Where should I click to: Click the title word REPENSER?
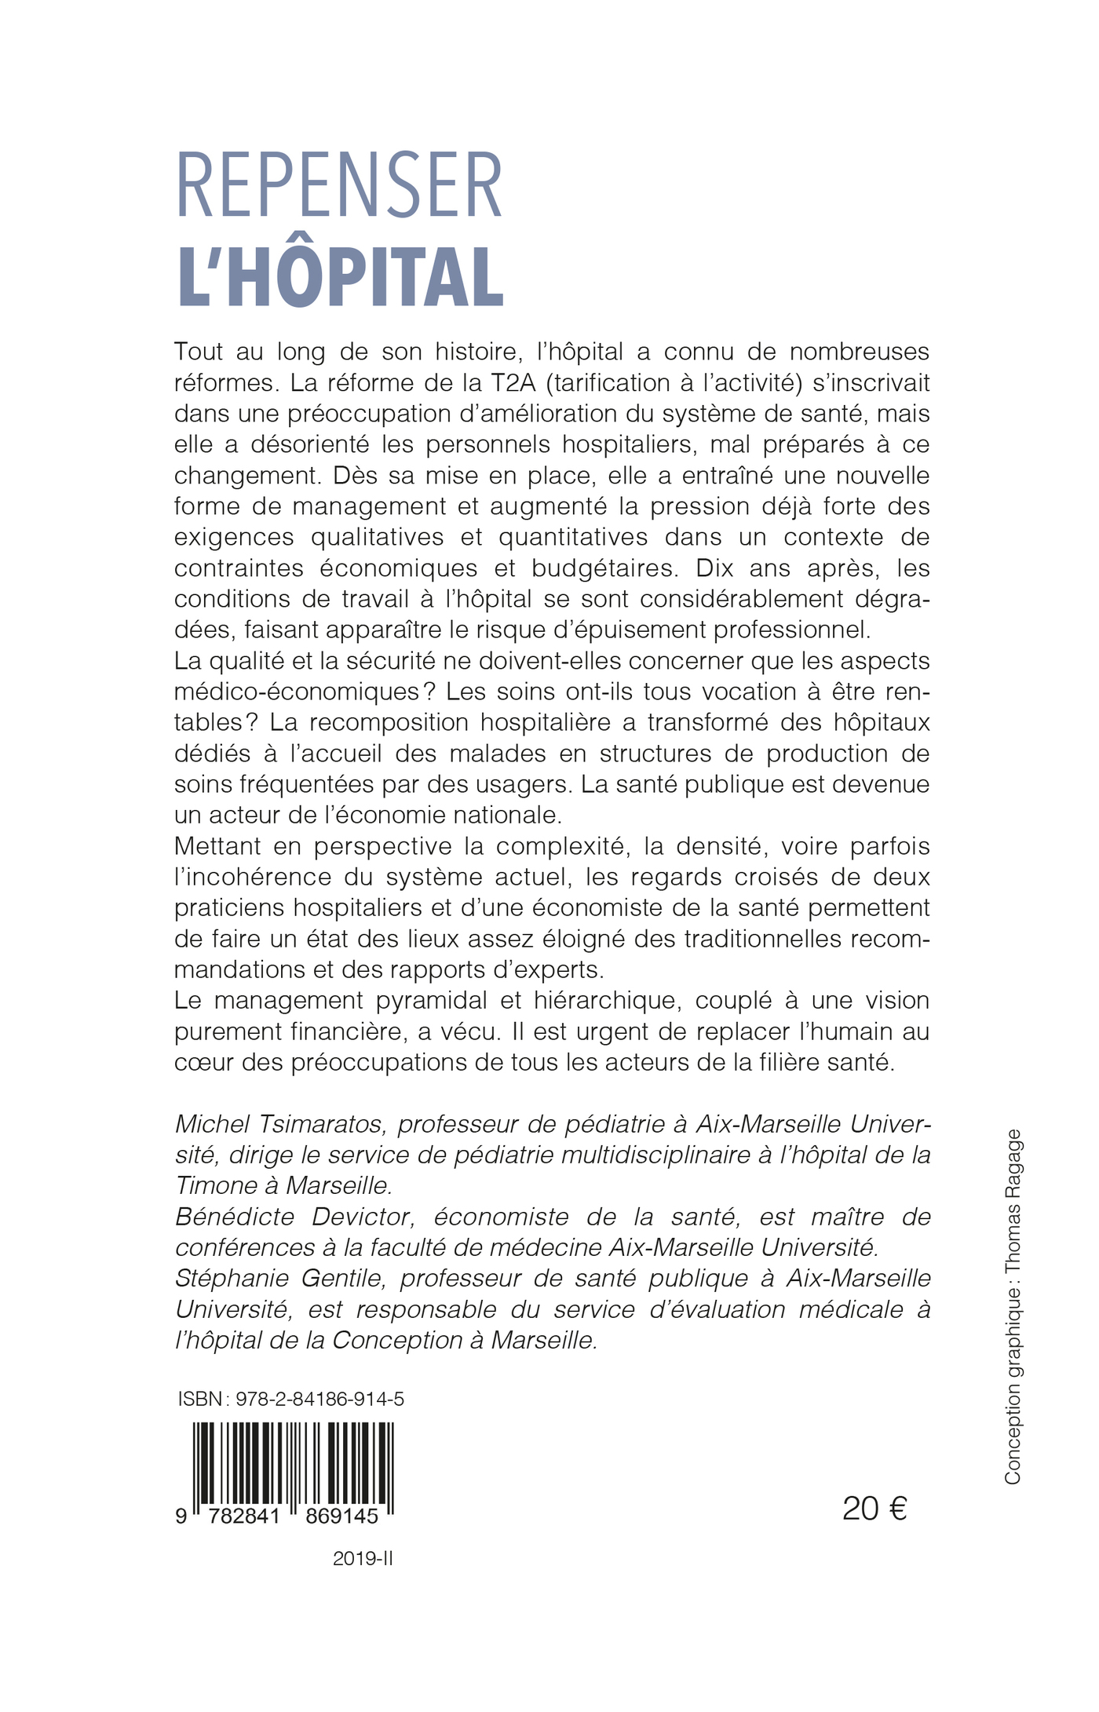338,186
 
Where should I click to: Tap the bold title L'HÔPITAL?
341,277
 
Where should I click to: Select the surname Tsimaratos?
309,1124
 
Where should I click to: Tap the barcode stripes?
293,1467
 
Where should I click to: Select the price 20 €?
874,1508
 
